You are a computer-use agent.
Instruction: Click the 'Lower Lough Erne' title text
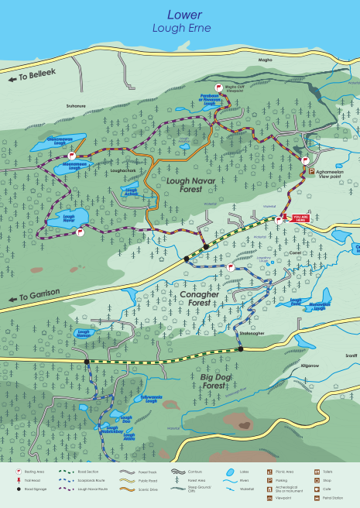[180, 21]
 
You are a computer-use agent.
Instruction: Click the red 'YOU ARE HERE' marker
[300, 219]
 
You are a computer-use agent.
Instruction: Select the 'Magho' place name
[265, 58]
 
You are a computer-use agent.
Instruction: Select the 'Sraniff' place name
[351, 355]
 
